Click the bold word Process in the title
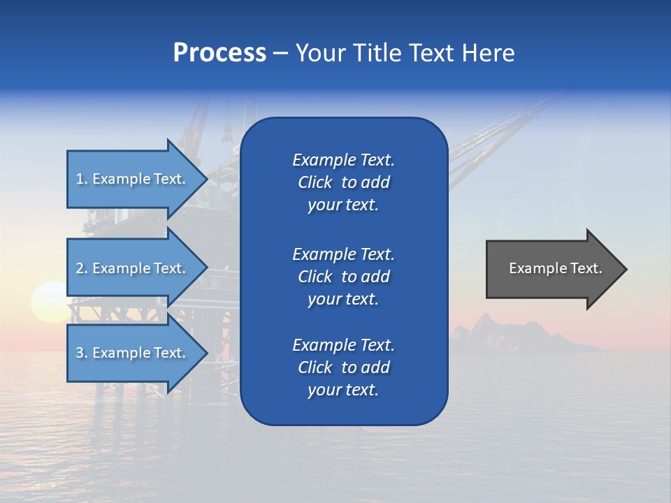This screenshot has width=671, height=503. tap(219, 53)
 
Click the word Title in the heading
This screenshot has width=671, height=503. tap(377, 53)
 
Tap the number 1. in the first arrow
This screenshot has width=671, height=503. tap(82, 180)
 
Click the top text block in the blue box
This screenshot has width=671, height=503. tap(343, 182)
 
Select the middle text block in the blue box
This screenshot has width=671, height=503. tap(343, 277)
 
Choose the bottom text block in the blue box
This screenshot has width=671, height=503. tap(343, 367)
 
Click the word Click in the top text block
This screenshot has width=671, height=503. tap(315, 183)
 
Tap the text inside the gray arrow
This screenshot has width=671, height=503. tap(555, 268)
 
